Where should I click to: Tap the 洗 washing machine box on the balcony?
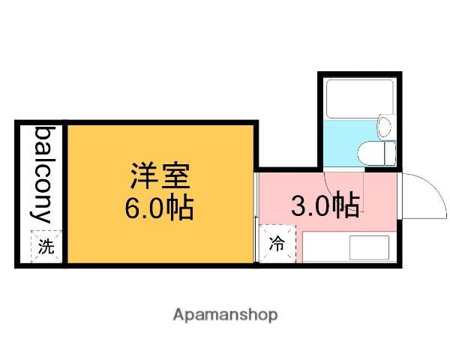pos(46,245)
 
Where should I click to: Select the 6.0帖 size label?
pos(159,208)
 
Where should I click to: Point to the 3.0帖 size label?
pos(324,205)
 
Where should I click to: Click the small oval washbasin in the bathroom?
pos(385,126)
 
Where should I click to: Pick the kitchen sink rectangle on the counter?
pos(369,247)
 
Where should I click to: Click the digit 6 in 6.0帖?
pos(132,208)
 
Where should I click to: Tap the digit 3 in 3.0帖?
pos(298,205)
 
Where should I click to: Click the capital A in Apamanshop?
pos(178,314)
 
